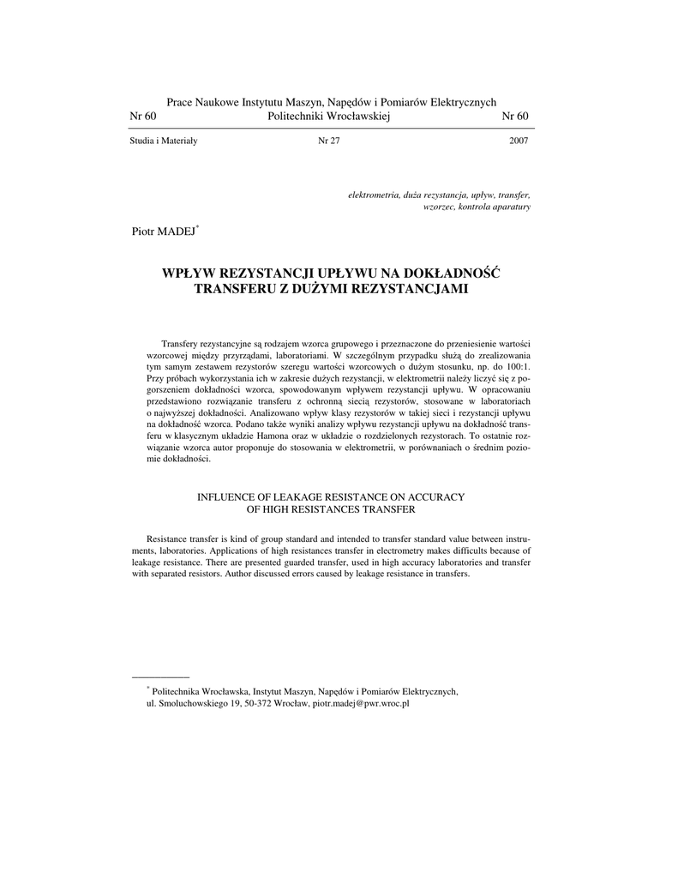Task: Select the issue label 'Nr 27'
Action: (x=329, y=141)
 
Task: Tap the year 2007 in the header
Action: (x=519, y=141)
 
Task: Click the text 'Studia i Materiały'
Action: (x=164, y=141)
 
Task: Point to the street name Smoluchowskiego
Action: (x=191, y=703)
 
